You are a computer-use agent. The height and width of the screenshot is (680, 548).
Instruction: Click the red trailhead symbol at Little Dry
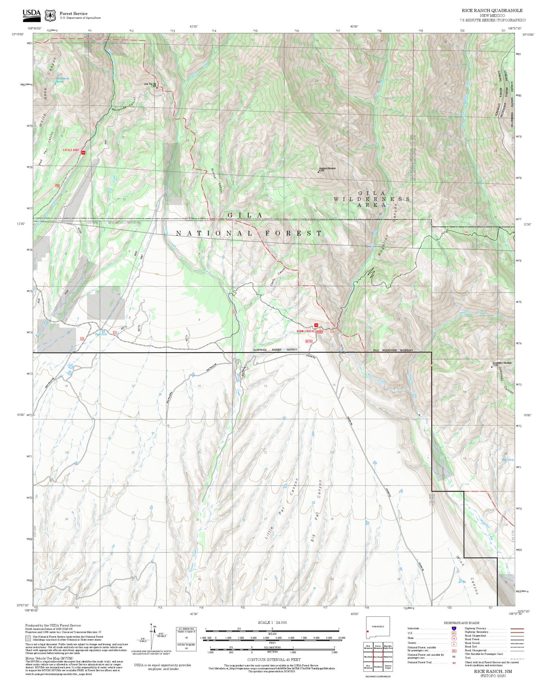[83, 153]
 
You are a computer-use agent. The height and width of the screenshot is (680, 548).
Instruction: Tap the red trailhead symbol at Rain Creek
[316, 325]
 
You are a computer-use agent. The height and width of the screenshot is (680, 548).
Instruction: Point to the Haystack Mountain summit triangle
[318, 172]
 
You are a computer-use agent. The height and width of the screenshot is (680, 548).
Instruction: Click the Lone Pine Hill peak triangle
[157, 88]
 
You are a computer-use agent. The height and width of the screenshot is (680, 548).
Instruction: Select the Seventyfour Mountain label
[502, 363]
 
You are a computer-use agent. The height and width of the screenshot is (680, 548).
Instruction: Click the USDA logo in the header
[31, 14]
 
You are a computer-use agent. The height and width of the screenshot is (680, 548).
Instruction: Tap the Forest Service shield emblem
[50, 16]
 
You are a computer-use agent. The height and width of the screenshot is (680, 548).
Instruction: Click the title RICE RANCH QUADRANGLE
[492, 11]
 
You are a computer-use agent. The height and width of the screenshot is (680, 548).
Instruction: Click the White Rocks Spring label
[63, 80]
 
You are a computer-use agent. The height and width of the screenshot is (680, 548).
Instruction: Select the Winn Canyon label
[469, 575]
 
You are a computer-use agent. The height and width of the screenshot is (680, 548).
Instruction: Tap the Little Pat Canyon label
[281, 509]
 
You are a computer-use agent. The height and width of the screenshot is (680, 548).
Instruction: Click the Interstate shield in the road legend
[454, 628]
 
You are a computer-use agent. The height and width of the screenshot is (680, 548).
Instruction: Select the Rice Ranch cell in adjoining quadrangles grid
[378, 657]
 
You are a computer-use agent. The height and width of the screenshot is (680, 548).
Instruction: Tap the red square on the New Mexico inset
[368, 631]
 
